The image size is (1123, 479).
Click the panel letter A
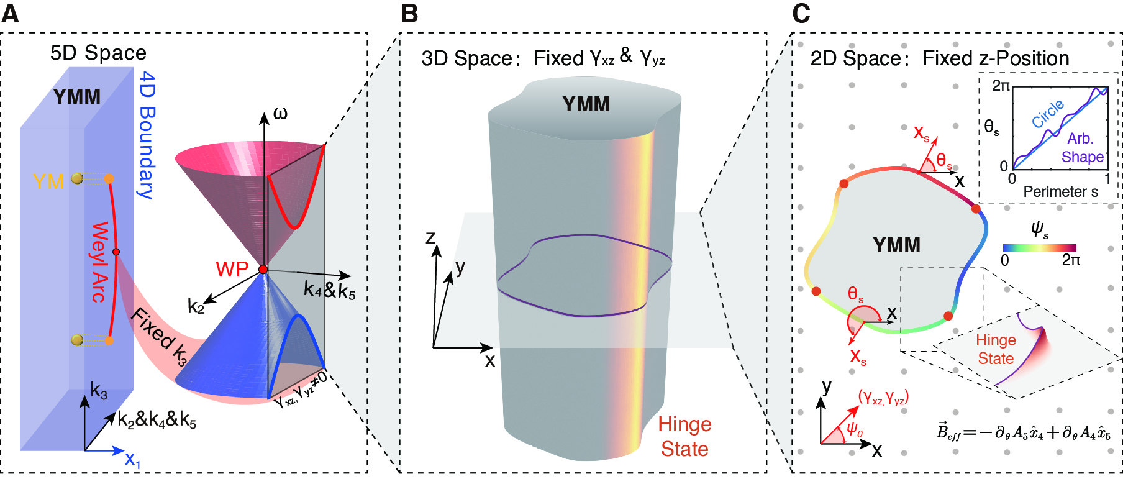[x=11, y=13]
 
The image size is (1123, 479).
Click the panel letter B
[x=409, y=13]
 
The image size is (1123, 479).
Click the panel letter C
[x=801, y=13]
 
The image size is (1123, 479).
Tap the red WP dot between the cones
[x=263, y=269]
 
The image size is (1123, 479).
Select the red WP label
[x=232, y=270]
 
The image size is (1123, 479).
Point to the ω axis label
[x=280, y=114]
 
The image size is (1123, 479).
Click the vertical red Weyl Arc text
[x=99, y=262]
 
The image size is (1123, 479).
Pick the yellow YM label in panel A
[x=48, y=181]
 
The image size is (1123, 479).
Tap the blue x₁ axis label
[x=132, y=459]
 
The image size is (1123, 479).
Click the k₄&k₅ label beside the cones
[x=329, y=290]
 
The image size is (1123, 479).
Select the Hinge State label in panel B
[x=684, y=436]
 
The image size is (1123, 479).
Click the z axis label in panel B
[x=430, y=238]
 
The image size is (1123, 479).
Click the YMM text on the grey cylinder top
[x=586, y=104]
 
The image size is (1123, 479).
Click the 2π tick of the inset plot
[x=1001, y=86]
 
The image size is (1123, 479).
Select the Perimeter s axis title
[x=1060, y=191]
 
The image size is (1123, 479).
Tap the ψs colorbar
[x=1039, y=247]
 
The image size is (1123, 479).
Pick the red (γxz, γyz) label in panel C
[x=883, y=397]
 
